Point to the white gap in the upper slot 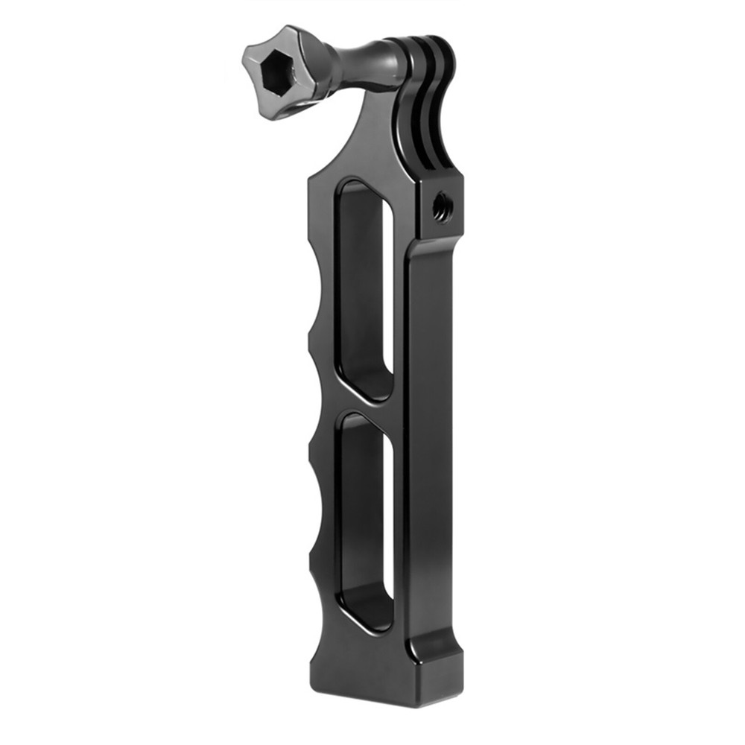point(388,298)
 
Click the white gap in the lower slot point(390,514)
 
